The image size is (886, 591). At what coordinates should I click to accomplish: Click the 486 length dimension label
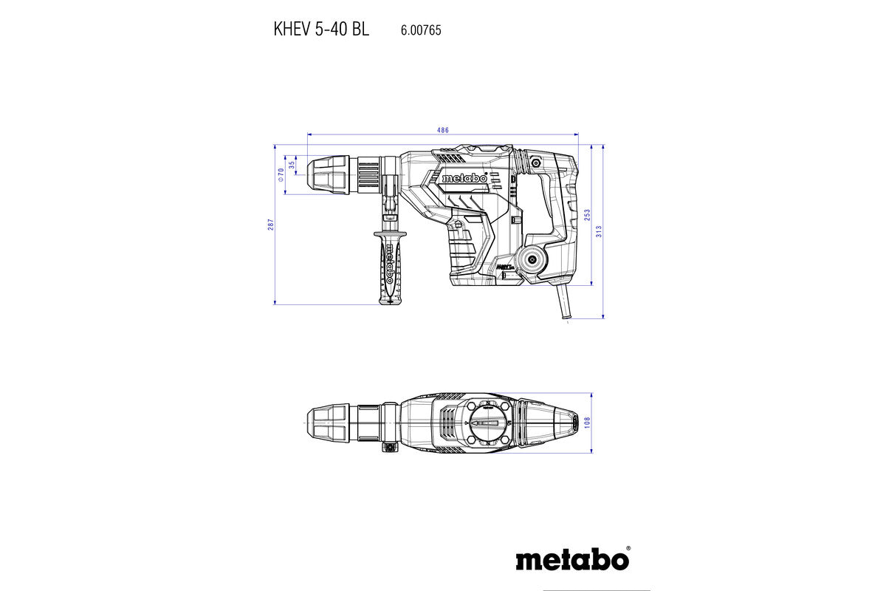click(442, 130)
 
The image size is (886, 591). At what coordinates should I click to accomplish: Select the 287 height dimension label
click(271, 223)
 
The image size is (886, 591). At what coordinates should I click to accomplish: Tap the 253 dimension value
click(587, 214)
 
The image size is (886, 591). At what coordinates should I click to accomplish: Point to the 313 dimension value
click(600, 230)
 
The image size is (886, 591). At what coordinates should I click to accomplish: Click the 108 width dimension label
click(588, 421)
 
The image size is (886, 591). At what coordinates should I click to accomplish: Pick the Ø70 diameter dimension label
click(281, 175)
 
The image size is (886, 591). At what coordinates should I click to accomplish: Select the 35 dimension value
click(292, 164)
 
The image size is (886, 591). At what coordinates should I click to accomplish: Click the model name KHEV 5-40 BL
click(321, 30)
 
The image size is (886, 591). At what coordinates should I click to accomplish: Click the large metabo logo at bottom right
click(572, 558)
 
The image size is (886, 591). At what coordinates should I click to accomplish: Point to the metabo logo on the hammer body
click(464, 178)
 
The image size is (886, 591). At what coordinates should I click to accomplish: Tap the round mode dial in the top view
click(485, 422)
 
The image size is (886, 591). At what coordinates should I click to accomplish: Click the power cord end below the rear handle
click(567, 321)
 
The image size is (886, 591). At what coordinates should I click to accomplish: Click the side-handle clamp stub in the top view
click(387, 446)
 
